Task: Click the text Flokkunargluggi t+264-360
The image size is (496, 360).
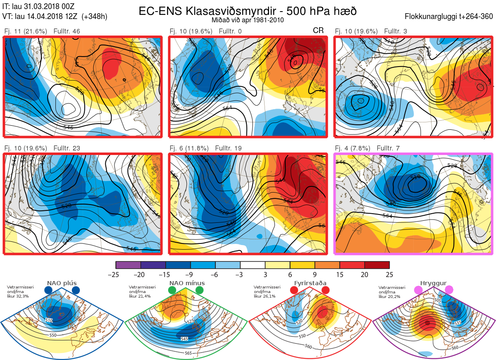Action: click(449, 17)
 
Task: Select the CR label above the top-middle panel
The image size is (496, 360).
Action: click(318, 31)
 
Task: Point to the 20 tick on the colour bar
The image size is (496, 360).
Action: click(364, 274)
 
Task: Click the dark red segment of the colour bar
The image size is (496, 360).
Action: click(377, 265)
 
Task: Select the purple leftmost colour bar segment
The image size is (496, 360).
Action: click(129, 265)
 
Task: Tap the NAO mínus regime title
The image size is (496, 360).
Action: click(187, 283)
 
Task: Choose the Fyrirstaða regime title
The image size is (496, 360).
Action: click(310, 283)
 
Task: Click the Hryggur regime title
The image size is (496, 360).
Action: click(434, 283)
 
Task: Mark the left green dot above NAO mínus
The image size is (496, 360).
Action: click(172, 291)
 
